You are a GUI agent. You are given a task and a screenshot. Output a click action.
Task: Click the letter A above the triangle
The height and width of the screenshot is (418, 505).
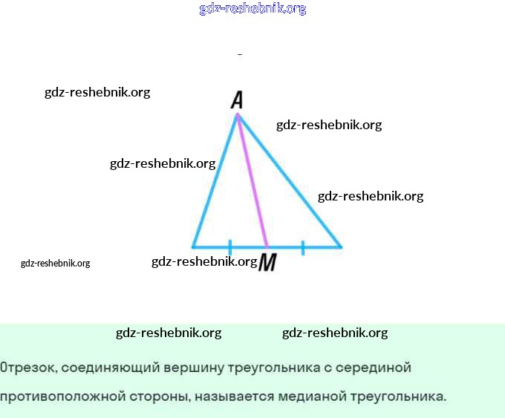(x=237, y=100)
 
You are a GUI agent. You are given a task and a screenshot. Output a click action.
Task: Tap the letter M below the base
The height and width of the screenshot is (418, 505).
(x=267, y=262)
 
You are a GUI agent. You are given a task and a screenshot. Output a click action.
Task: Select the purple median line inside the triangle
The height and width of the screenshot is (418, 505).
(x=252, y=182)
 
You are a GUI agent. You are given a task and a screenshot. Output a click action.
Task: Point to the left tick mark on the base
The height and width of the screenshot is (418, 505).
(x=230, y=246)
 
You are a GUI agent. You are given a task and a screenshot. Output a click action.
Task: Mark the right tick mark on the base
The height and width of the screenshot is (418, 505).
(x=303, y=247)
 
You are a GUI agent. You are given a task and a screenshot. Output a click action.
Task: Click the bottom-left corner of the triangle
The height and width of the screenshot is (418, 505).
(x=193, y=246)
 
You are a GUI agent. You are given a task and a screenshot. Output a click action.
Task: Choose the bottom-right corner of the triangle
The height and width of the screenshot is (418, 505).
(x=341, y=246)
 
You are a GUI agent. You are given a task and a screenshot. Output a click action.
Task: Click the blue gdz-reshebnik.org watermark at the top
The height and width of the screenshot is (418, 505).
(x=252, y=9)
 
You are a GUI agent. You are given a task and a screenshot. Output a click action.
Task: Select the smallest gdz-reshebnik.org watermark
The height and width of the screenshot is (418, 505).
(x=55, y=263)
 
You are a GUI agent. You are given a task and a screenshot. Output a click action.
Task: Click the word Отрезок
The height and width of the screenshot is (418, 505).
(x=27, y=368)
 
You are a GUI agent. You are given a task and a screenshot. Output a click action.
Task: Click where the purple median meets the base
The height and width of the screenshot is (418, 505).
(x=267, y=246)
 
